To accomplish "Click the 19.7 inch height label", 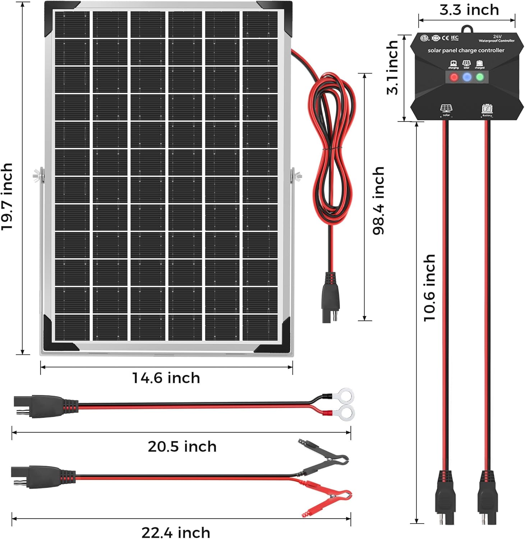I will pyautogui.click(x=7, y=196).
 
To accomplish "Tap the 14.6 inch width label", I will pyautogui.click(x=166, y=378).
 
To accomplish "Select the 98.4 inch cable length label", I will pyautogui.click(x=378, y=201).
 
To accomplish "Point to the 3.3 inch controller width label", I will pyautogui.click(x=469, y=10).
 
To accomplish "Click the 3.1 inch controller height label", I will pyautogui.click(x=393, y=68).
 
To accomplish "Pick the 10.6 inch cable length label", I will pyautogui.click(x=429, y=287).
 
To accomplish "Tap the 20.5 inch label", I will pyautogui.click(x=182, y=447).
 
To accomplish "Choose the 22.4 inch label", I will pyautogui.click(x=176, y=532).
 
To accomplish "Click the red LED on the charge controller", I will pyautogui.click(x=454, y=77).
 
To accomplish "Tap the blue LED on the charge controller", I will pyautogui.click(x=467, y=77).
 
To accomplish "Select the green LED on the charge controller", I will pyautogui.click(x=480, y=77).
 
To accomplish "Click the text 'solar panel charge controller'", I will pyautogui.click(x=466, y=51).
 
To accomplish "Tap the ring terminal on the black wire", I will pyautogui.click(x=346, y=396).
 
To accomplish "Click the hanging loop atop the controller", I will pyautogui.click(x=467, y=29).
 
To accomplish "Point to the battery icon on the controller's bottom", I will pyautogui.click(x=487, y=109).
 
